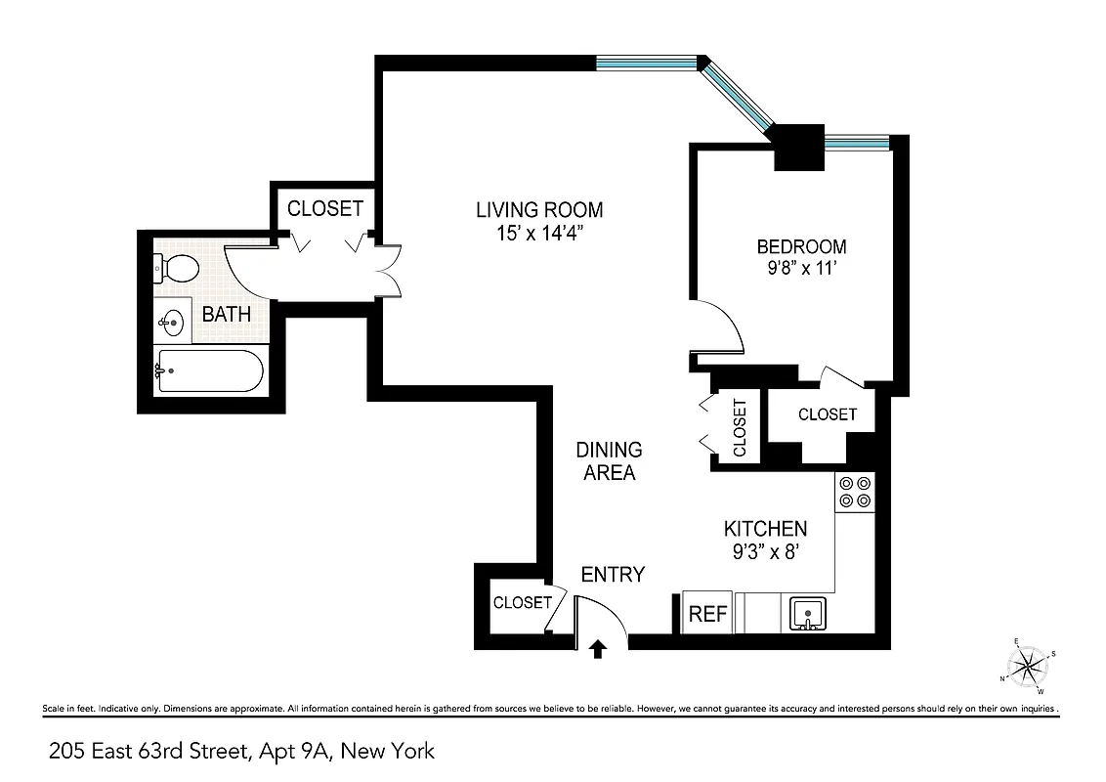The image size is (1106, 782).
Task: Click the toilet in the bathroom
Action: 176,266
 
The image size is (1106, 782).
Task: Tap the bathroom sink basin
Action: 172,321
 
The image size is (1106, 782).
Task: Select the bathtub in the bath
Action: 209,371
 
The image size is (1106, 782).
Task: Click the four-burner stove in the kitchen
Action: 855,492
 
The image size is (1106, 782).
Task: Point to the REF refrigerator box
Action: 708,613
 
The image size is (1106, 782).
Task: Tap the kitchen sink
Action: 808,615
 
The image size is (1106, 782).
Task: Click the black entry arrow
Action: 599,648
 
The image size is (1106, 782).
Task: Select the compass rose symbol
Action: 1028,667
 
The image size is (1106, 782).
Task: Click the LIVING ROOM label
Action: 539,209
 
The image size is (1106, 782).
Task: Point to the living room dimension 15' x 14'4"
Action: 539,235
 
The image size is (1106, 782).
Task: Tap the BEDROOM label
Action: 801,246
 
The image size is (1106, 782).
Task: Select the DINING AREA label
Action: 610,461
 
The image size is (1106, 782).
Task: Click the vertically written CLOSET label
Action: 740,427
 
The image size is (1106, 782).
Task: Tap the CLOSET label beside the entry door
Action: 522,602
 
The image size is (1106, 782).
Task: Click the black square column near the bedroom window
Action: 799,148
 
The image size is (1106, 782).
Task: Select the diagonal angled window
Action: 740,95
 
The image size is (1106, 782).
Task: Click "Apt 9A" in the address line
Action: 302,751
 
